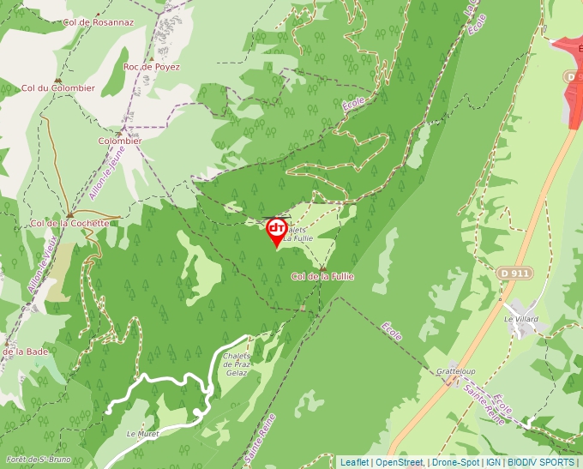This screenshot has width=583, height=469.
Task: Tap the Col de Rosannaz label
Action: (99, 21)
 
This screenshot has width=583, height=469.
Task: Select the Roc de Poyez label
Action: (152, 66)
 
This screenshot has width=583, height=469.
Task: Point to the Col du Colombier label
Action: (58, 87)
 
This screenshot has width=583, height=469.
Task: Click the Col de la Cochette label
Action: (70, 223)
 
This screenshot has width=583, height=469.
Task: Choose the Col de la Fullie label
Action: (322, 276)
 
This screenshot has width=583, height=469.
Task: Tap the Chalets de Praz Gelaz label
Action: (236, 364)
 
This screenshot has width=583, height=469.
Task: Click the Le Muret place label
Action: (143, 434)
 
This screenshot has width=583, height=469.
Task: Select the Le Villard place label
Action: (521, 319)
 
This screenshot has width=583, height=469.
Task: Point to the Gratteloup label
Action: (455, 371)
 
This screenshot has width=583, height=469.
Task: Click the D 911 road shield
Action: (514, 273)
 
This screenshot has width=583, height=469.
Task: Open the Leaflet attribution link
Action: (354, 462)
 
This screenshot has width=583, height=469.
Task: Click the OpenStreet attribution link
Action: (400, 462)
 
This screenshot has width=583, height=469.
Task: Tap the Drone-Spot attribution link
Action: (455, 462)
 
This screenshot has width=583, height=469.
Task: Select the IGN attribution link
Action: (493, 462)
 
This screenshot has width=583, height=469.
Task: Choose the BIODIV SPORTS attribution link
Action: (541, 462)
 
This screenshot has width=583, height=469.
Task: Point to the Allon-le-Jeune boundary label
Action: (106, 172)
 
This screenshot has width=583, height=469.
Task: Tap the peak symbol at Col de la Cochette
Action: (69, 214)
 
